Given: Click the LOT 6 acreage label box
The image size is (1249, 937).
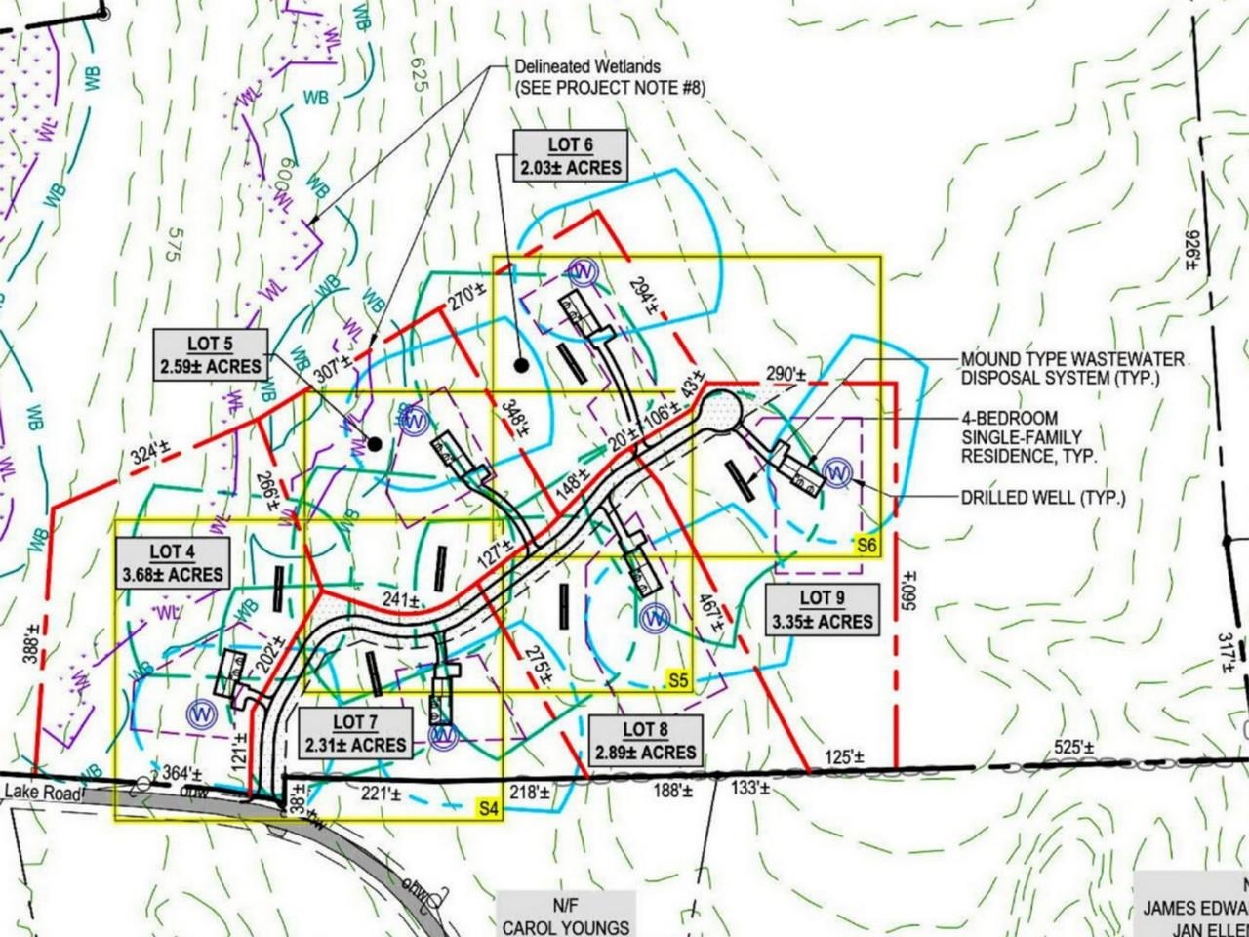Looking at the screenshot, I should [x=571, y=156].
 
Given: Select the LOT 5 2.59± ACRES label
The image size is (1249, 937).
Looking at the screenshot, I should [x=212, y=355].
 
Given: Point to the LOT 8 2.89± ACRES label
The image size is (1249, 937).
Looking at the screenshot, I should [x=647, y=741].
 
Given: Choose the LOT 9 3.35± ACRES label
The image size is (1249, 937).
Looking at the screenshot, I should [x=822, y=610].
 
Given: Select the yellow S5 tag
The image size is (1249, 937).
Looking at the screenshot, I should [x=678, y=678].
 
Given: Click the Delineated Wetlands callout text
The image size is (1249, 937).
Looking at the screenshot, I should [x=610, y=77].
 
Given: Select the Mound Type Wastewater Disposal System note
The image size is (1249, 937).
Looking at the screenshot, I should [x=1072, y=368].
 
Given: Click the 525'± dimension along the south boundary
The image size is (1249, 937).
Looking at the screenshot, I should [x=1073, y=748].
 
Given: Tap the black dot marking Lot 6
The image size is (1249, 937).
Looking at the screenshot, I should [x=522, y=366].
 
